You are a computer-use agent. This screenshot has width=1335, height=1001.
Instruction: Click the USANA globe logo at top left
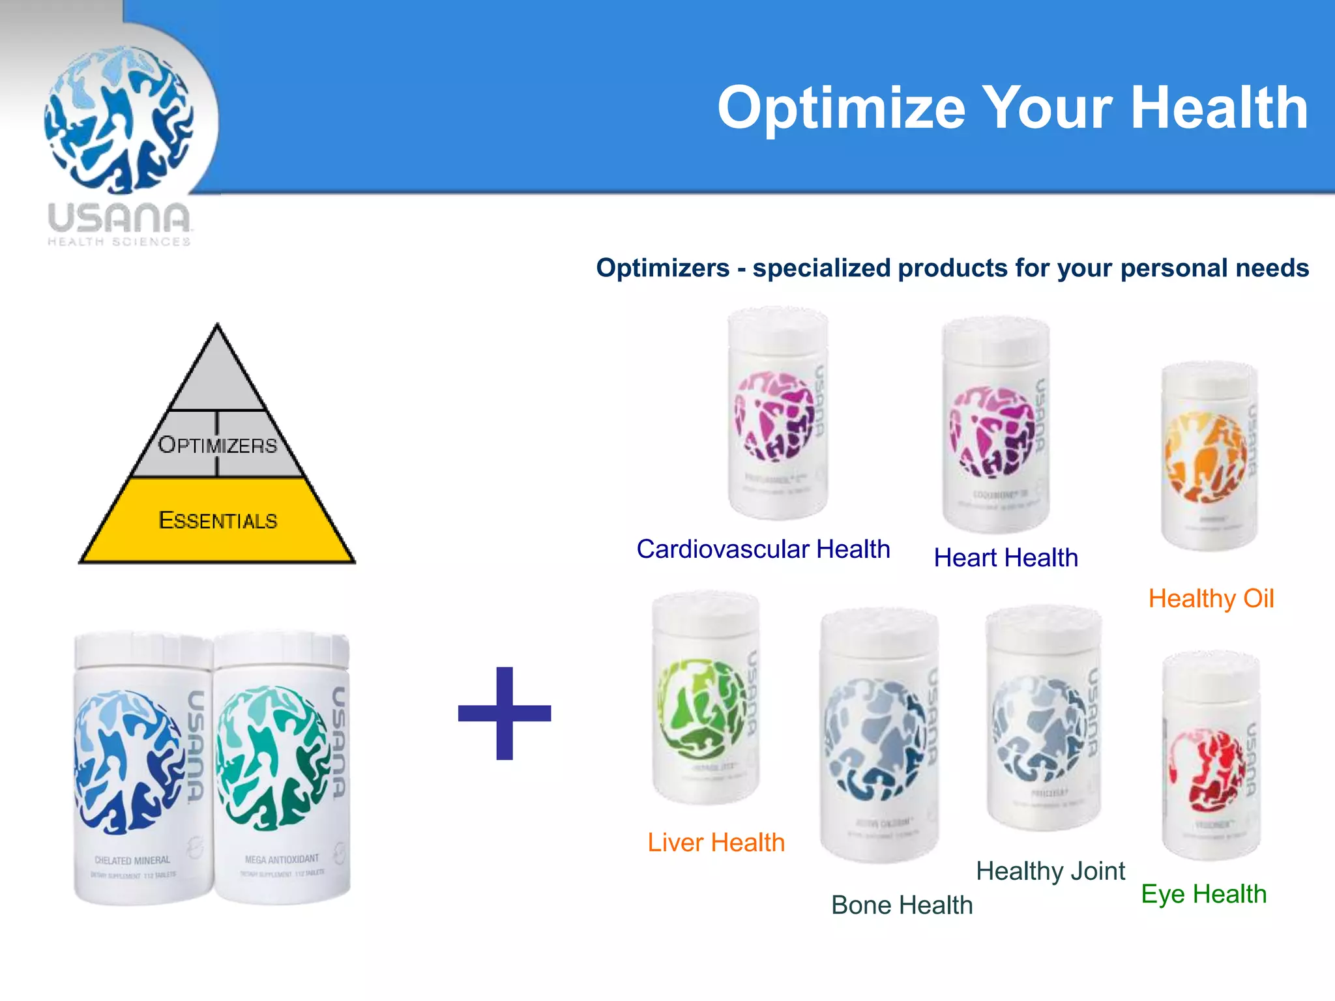click(x=119, y=121)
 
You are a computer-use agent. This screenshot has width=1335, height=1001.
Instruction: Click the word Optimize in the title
click(x=841, y=108)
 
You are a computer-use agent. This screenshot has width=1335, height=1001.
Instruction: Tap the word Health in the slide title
click(x=1219, y=108)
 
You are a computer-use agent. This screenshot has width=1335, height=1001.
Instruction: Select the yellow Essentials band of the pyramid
click(x=218, y=520)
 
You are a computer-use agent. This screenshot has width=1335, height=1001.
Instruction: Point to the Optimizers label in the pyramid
click(x=218, y=444)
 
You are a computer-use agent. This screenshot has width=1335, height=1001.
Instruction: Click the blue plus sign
click(x=505, y=713)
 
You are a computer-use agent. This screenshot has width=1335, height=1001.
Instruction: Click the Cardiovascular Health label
click(x=763, y=549)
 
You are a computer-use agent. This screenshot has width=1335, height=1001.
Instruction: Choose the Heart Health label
click(x=1006, y=558)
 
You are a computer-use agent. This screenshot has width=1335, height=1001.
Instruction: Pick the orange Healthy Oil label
click(x=1211, y=598)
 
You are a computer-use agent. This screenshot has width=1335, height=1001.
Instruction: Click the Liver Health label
click(x=716, y=843)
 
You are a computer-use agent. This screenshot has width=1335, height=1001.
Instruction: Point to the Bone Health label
click(x=902, y=905)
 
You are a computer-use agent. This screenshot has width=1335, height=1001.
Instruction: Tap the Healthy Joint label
click(x=1050, y=871)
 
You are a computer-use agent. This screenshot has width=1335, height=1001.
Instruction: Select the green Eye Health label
click(x=1204, y=894)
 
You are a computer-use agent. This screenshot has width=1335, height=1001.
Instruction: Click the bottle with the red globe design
click(x=1211, y=756)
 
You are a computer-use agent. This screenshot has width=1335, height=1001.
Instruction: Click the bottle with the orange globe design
click(x=1210, y=456)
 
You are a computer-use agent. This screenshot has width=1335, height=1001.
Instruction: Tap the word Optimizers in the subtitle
click(x=663, y=268)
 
